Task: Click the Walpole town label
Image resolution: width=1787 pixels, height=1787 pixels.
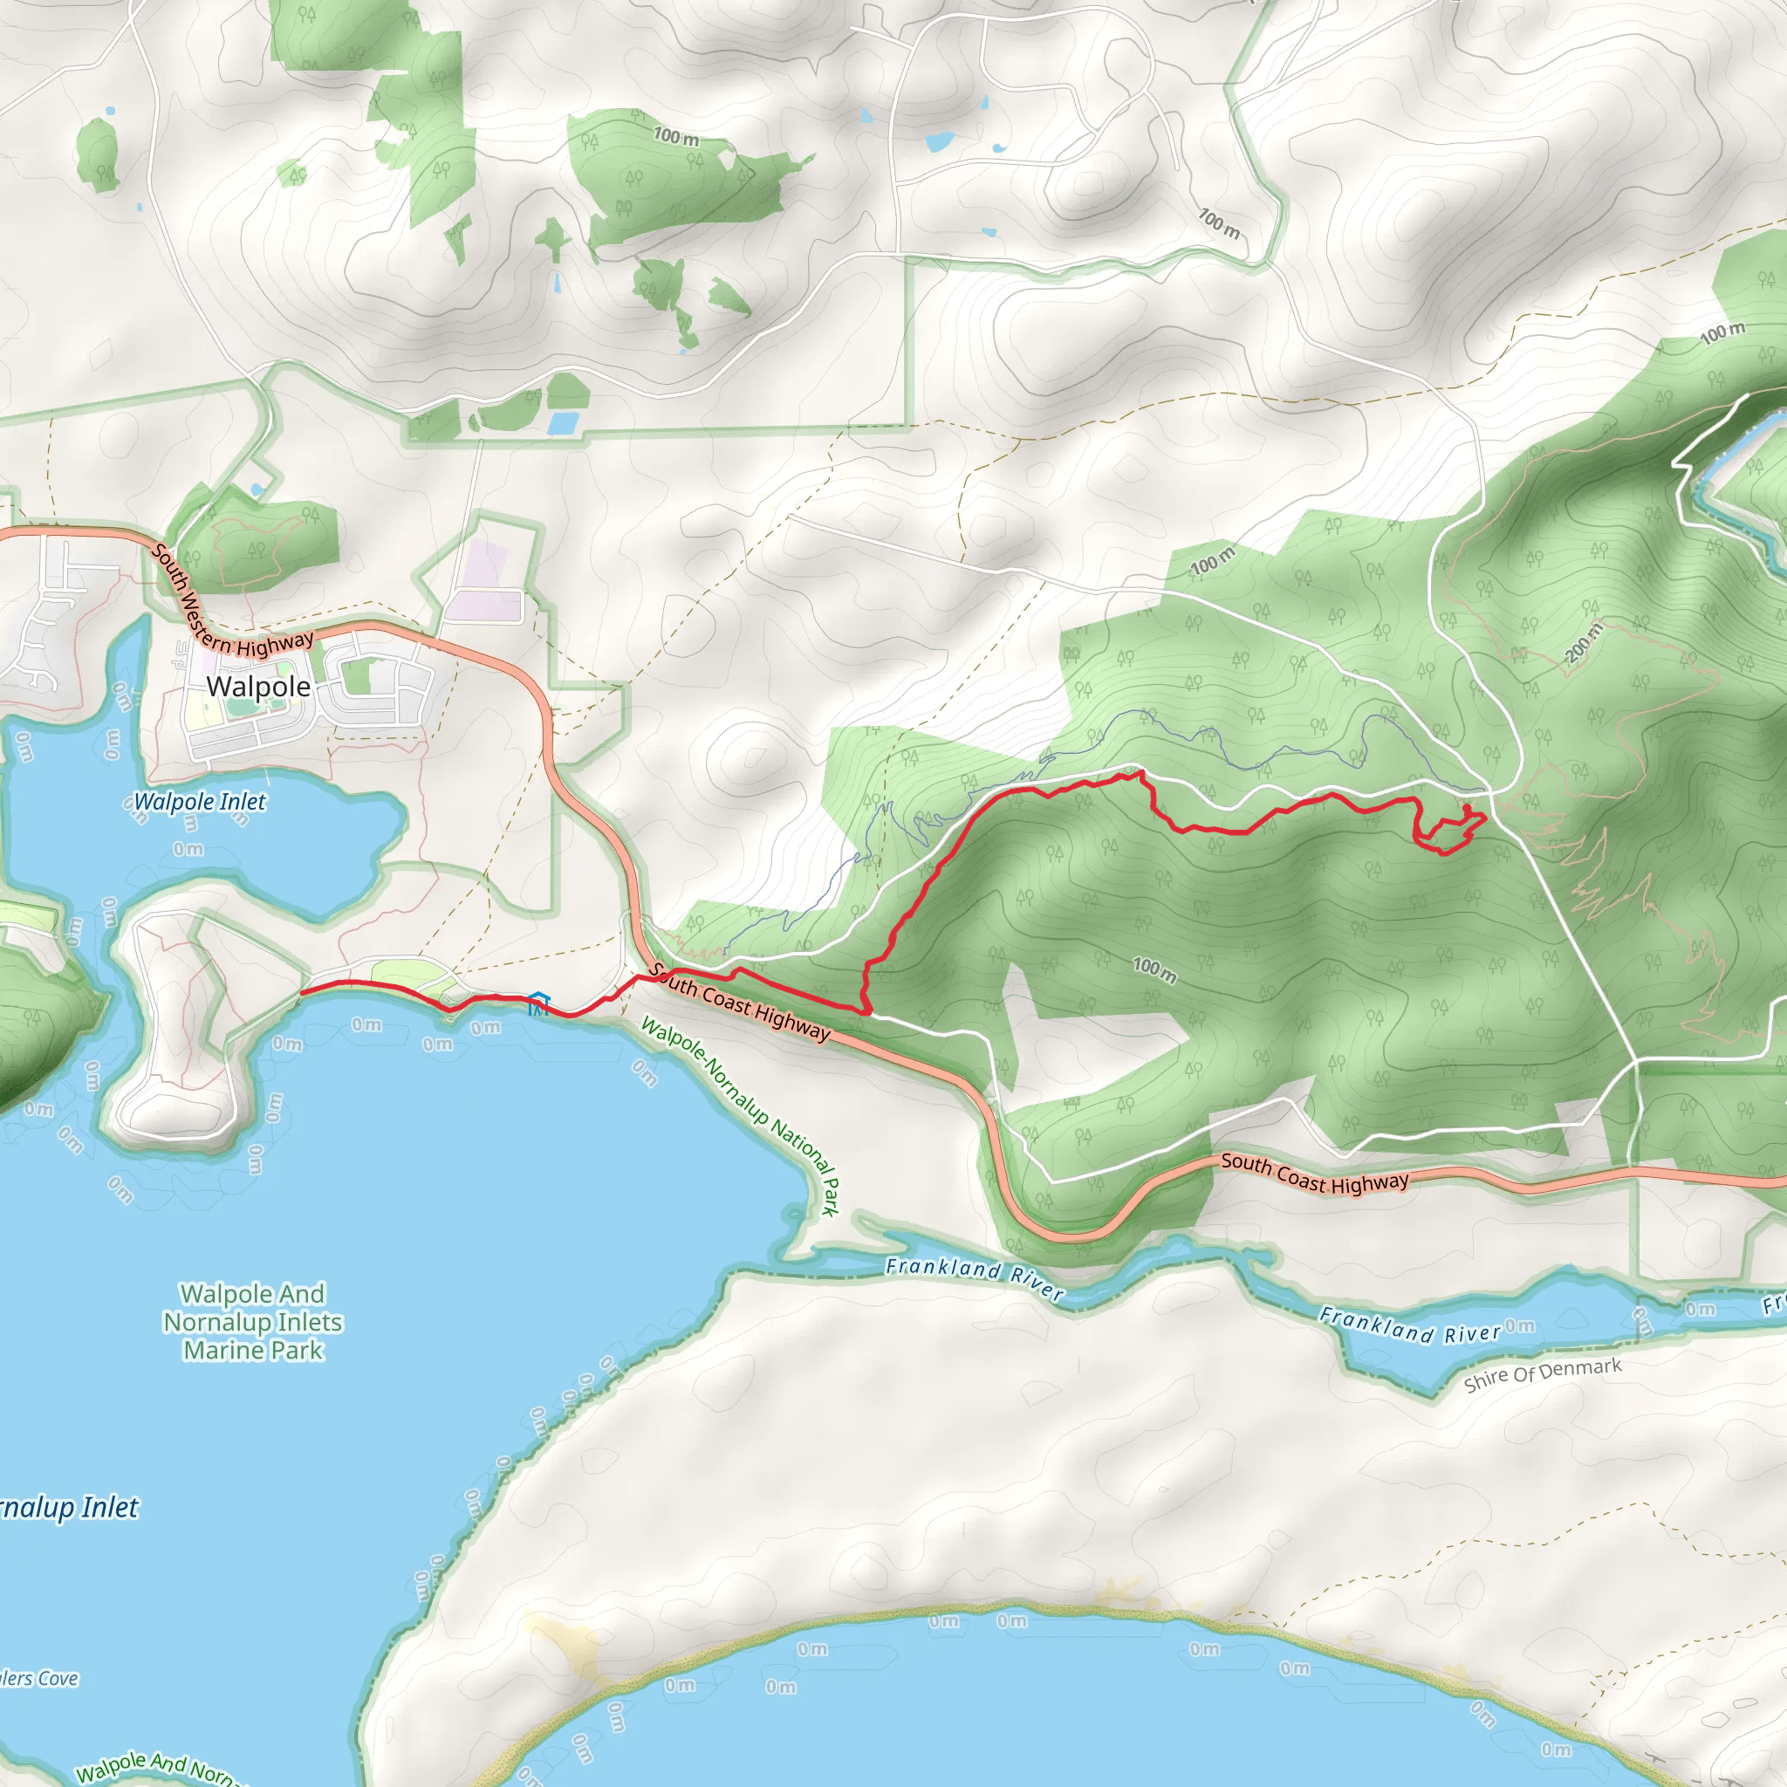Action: (x=258, y=687)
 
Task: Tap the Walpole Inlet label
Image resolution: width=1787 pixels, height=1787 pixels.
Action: (x=200, y=802)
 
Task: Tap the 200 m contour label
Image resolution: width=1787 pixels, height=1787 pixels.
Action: (x=1584, y=643)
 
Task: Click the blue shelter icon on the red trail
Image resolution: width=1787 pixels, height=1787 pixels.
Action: (x=538, y=1003)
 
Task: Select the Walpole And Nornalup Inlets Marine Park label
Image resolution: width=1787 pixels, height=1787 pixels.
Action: (x=252, y=1322)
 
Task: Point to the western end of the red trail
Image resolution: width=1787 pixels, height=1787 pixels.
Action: (x=303, y=992)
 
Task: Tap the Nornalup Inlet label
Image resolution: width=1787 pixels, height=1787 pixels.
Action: (x=70, y=1509)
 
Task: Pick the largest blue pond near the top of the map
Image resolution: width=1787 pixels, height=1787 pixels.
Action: (x=940, y=141)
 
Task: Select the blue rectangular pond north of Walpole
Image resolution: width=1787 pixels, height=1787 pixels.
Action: (x=563, y=423)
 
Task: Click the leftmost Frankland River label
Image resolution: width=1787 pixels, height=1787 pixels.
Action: (x=974, y=1275)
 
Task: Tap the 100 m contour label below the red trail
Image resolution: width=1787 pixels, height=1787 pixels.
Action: (x=1155, y=969)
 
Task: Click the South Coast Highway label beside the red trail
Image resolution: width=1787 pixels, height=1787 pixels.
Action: (x=740, y=1002)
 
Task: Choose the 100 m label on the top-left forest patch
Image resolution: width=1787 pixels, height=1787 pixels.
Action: (x=676, y=137)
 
